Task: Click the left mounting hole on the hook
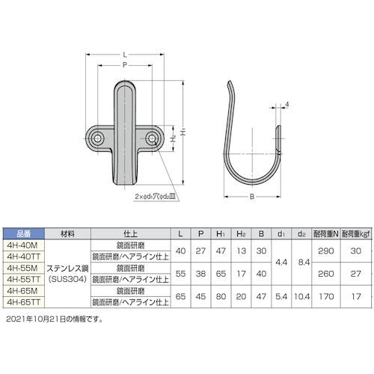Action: click(x=99, y=138)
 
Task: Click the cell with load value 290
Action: click(x=325, y=249)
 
